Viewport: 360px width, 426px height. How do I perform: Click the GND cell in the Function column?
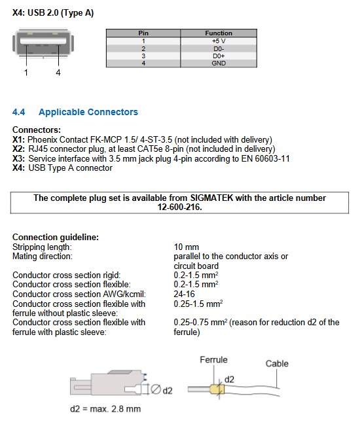[219, 63]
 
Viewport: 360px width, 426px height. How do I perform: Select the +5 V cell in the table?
[219, 41]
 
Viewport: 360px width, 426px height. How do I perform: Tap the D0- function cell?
[219, 48]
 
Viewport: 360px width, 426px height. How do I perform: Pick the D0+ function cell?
[219, 56]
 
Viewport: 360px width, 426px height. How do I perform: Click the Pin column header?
[143, 33]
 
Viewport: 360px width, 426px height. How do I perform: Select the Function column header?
[219, 33]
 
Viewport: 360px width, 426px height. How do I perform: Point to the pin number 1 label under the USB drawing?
[26, 73]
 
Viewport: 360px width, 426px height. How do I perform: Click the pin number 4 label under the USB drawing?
[58, 73]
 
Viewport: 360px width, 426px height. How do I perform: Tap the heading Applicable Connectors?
[88, 112]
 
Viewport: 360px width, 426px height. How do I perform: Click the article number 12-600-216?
[179, 207]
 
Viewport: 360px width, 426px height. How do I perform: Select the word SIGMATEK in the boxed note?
[211, 198]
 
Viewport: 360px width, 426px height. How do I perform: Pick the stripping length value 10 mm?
[187, 247]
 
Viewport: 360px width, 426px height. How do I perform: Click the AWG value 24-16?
[184, 294]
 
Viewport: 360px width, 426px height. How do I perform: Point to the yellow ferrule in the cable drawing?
[217, 389]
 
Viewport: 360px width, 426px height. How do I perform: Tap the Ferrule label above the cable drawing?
[213, 360]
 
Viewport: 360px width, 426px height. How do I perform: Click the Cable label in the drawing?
[277, 364]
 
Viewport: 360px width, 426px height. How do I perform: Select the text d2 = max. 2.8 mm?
[105, 409]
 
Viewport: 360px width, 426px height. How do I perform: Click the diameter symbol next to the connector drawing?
[156, 389]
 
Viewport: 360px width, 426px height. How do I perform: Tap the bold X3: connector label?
[18, 158]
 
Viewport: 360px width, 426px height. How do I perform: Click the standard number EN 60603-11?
[266, 158]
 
